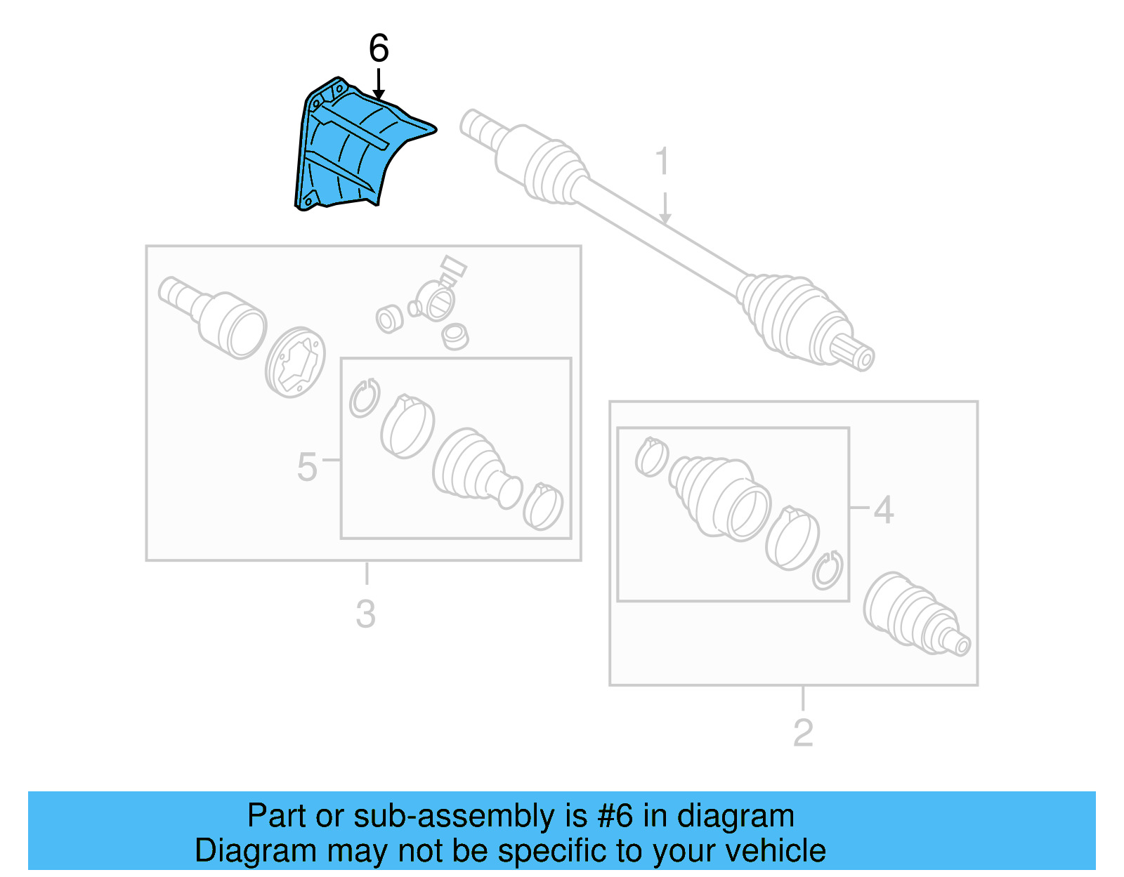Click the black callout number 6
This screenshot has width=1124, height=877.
(x=379, y=48)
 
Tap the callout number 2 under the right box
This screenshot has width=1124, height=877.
(x=802, y=733)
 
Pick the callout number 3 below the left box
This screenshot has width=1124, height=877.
(x=365, y=614)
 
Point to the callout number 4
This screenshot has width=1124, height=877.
(x=883, y=510)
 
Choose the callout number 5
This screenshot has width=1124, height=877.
(x=307, y=467)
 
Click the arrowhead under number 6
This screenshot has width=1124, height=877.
(x=379, y=94)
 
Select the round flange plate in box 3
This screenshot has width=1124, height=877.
(x=296, y=362)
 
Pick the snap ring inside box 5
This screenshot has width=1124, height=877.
(x=365, y=398)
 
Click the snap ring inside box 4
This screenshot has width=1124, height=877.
(x=828, y=569)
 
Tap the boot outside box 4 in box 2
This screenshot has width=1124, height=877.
(x=913, y=614)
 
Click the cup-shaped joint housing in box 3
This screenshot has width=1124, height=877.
(x=232, y=324)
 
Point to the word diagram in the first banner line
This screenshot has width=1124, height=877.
(x=736, y=816)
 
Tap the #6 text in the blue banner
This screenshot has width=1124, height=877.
(x=615, y=816)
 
